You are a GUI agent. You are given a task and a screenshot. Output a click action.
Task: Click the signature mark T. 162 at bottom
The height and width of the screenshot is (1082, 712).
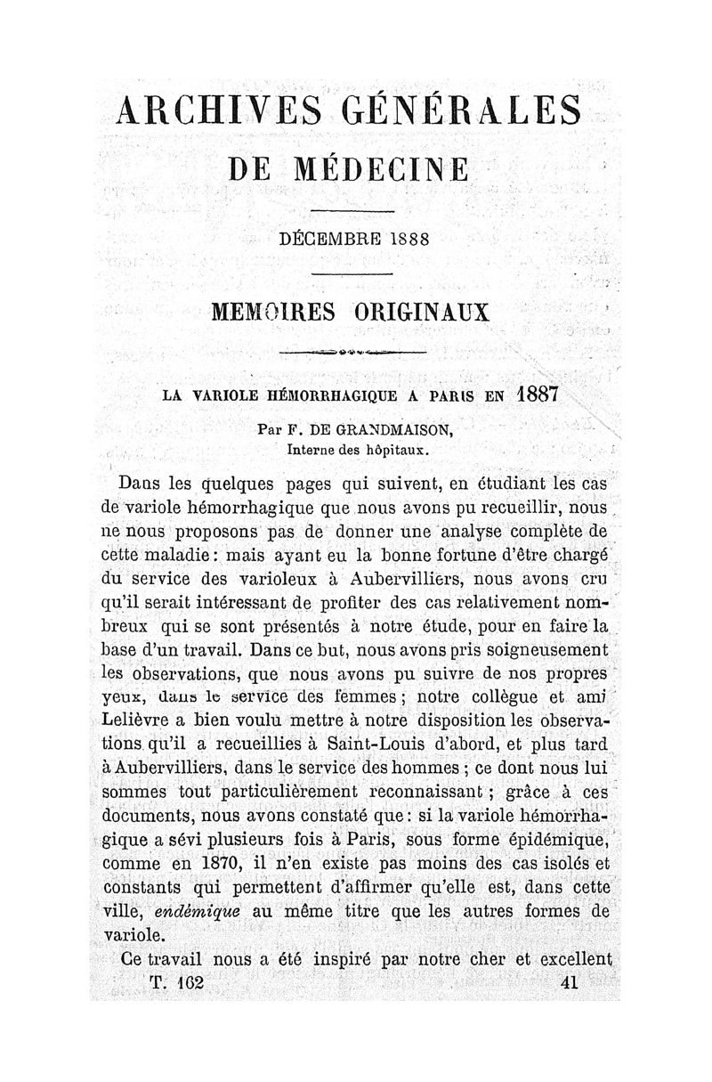(x=175, y=981)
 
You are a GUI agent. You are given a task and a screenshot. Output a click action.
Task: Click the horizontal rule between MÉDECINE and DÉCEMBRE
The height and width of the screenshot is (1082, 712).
(x=352, y=211)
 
